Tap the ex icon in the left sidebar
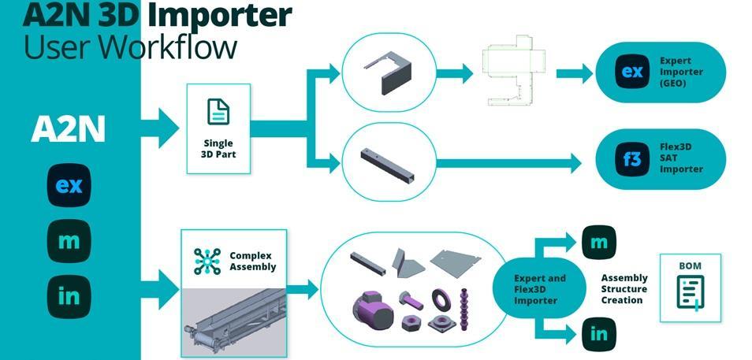pyautogui.click(x=69, y=185)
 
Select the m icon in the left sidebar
pyautogui.click(x=69, y=241)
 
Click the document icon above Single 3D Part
pyautogui.click(x=218, y=111)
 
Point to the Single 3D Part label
pyautogui.click(x=218, y=149)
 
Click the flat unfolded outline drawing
pyautogui.click(x=512, y=73)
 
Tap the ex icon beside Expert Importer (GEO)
pyautogui.click(x=632, y=72)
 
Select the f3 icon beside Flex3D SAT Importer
pyautogui.click(x=632, y=159)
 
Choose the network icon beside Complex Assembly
pyautogui.click(x=207, y=261)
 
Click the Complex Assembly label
pyautogui.click(x=253, y=262)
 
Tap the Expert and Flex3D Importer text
pyautogui.click(x=539, y=290)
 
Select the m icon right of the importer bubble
pyautogui.click(x=599, y=243)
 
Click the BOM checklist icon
pyautogui.click(x=691, y=292)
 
